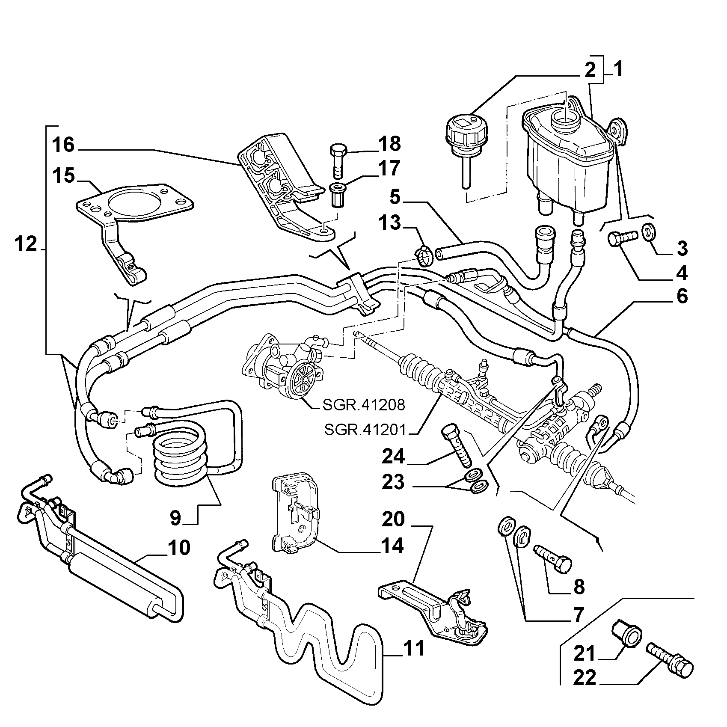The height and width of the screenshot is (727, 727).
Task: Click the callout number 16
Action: point(63,145)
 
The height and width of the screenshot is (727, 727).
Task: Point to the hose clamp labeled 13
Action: point(424,256)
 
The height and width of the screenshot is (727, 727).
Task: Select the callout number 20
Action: point(393,519)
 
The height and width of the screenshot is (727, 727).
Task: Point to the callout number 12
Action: point(26,244)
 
